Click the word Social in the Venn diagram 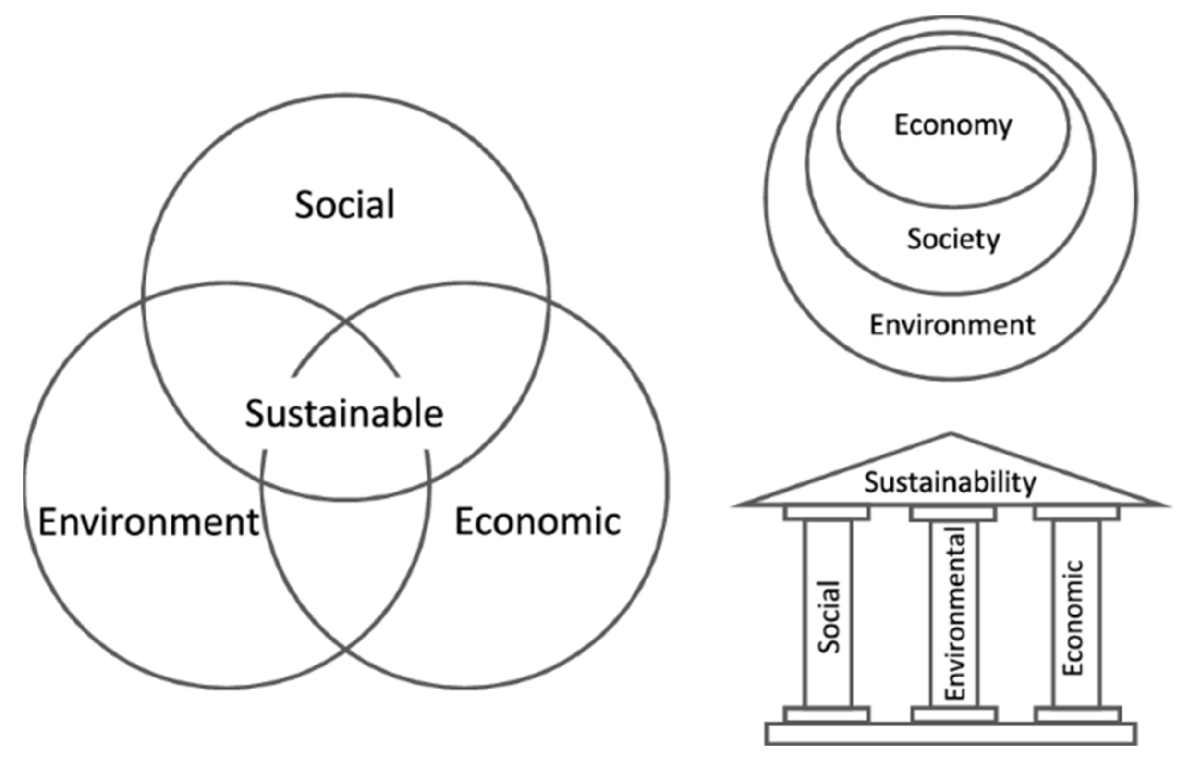(x=344, y=205)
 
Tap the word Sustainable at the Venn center (x=344, y=414)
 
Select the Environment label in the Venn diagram (x=148, y=522)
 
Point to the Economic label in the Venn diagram (x=537, y=522)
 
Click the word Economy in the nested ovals (x=953, y=125)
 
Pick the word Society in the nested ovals (x=953, y=240)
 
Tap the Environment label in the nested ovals (x=952, y=326)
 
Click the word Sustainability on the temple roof (x=951, y=482)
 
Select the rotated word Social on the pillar (x=829, y=617)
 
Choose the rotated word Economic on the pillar (x=1073, y=617)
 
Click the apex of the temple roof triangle (x=951, y=436)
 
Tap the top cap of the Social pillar (x=827, y=513)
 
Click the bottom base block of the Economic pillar (x=1078, y=715)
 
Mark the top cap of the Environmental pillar (x=953, y=514)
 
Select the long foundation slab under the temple (x=951, y=734)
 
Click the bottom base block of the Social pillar (x=827, y=715)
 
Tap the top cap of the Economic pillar (x=1077, y=513)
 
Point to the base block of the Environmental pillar (x=954, y=715)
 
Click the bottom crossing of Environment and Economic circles (x=345, y=648)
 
